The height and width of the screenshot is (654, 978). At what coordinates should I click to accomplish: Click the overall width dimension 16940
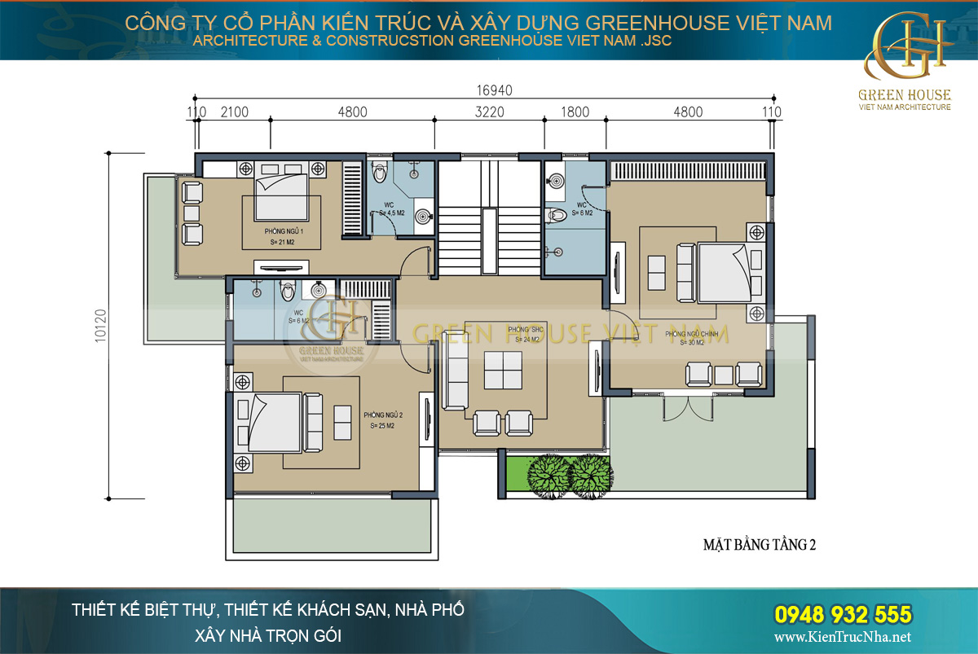click(x=489, y=90)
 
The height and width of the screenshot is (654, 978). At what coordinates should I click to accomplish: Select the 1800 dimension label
click(x=575, y=112)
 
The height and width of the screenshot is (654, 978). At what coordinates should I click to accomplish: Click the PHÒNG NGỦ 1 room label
click(x=272, y=231)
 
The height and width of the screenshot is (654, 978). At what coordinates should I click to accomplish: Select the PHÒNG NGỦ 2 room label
click(x=383, y=415)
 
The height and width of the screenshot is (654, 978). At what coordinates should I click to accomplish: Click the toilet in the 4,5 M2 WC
click(x=378, y=173)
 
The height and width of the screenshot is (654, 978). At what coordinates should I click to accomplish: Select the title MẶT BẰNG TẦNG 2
click(x=759, y=545)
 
